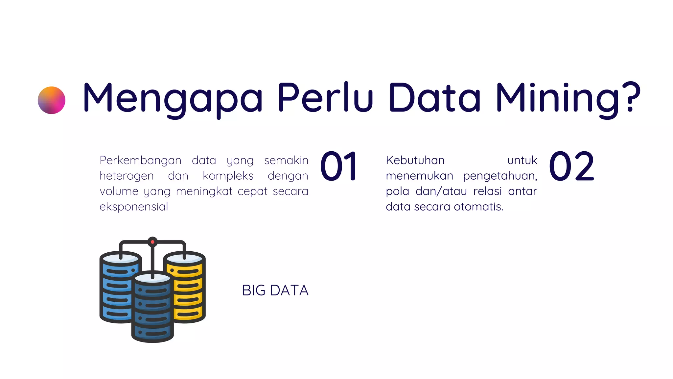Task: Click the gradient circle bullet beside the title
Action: [52, 100]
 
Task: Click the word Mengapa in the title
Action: [173, 98]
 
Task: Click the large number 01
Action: [339, 166]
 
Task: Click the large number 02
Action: [571, 166]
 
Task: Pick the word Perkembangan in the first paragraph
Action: [140, 161]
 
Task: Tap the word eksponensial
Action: [134, 207]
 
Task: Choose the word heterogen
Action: [127, 176]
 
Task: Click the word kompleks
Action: [228, 176]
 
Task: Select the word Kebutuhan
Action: [415, 161]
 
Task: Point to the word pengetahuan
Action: [500, 176]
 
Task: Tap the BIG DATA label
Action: [275, 291]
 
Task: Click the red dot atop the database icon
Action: [152, 242]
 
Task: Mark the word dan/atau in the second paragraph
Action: [441, 191]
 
